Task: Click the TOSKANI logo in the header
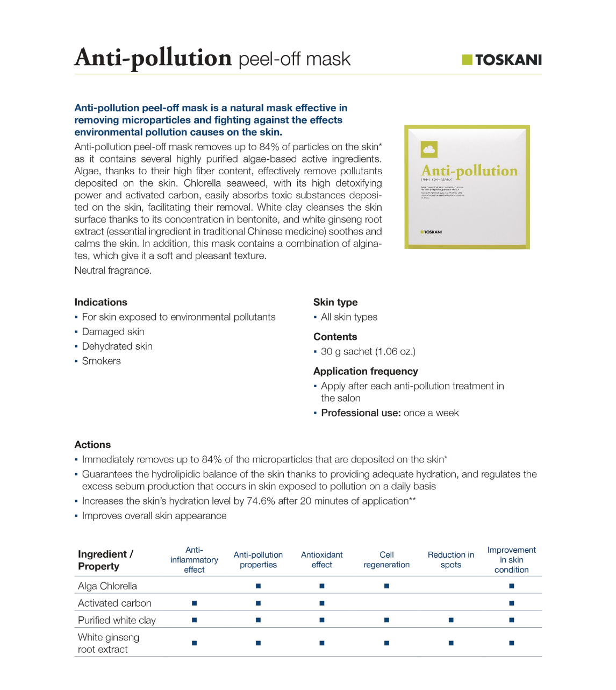coord(502,60)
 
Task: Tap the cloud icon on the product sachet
coord(429,149)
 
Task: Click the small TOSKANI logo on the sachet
coord(431,232)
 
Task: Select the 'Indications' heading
coord(101,302)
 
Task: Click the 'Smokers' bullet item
coord(101,361)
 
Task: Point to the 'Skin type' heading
coord(335,302)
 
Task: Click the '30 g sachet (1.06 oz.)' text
coord(368,352)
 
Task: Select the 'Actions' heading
coord(92,445)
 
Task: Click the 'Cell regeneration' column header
coord(386,560)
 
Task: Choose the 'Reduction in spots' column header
coord(450,560)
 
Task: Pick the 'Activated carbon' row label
coord(114,603)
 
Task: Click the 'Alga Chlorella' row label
coord(108,586)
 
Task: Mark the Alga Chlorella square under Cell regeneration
coord(386,586)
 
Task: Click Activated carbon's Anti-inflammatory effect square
coord(194,603)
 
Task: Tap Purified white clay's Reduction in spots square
coord(450,620)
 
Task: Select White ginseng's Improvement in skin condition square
coord(511,643)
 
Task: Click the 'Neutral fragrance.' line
coord(113,271)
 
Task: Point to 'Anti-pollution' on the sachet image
coord(469,171)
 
